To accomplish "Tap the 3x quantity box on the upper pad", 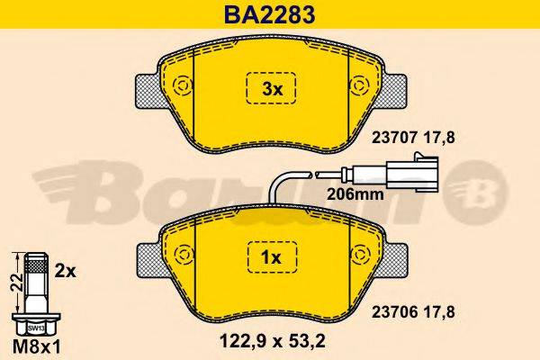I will [x=272, y=88].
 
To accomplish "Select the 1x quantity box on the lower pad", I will [x=272, y=258].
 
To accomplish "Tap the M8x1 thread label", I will [x=34, y=343].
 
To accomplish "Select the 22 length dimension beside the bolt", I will [x=13, y=282].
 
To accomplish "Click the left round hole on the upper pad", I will [x=182, y=88].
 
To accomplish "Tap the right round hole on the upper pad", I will [x=361, y=88].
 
